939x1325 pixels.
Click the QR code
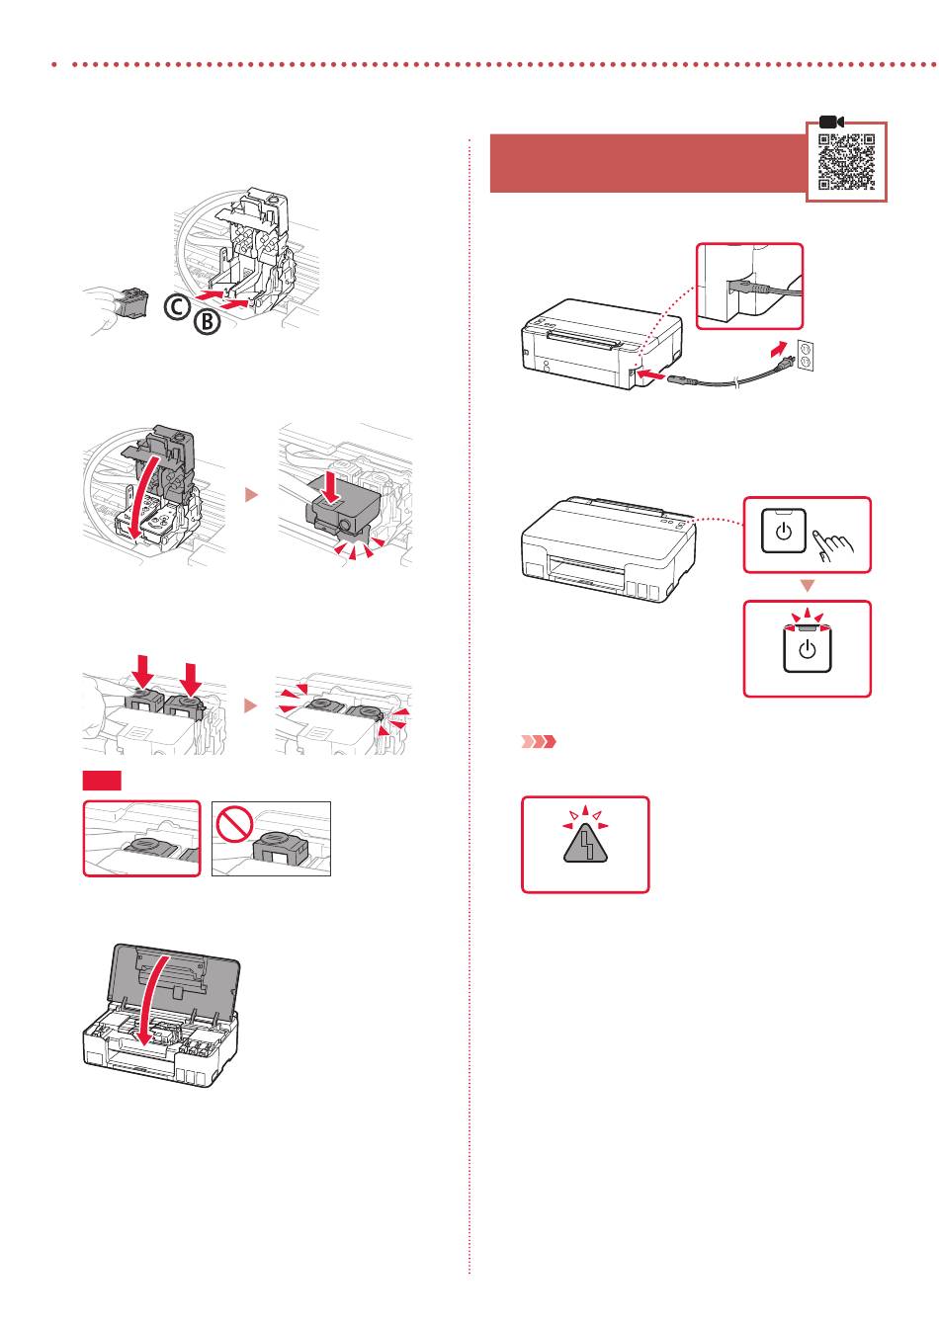coord(846,161)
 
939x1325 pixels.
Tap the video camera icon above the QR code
coord(830,122)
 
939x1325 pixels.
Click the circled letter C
coord(176,308)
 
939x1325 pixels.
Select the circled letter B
coord(207,321)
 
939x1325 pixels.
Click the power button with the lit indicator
coord(807,649)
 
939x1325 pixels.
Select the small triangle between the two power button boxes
coord(807,586)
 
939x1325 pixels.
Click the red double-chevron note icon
coord(539,741)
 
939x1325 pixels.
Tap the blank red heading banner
coord(647,164)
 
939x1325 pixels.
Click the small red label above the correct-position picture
coord(102,782)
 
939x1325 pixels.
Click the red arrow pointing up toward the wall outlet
coord(781,350)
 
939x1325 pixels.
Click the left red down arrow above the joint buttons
coord(142,675)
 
